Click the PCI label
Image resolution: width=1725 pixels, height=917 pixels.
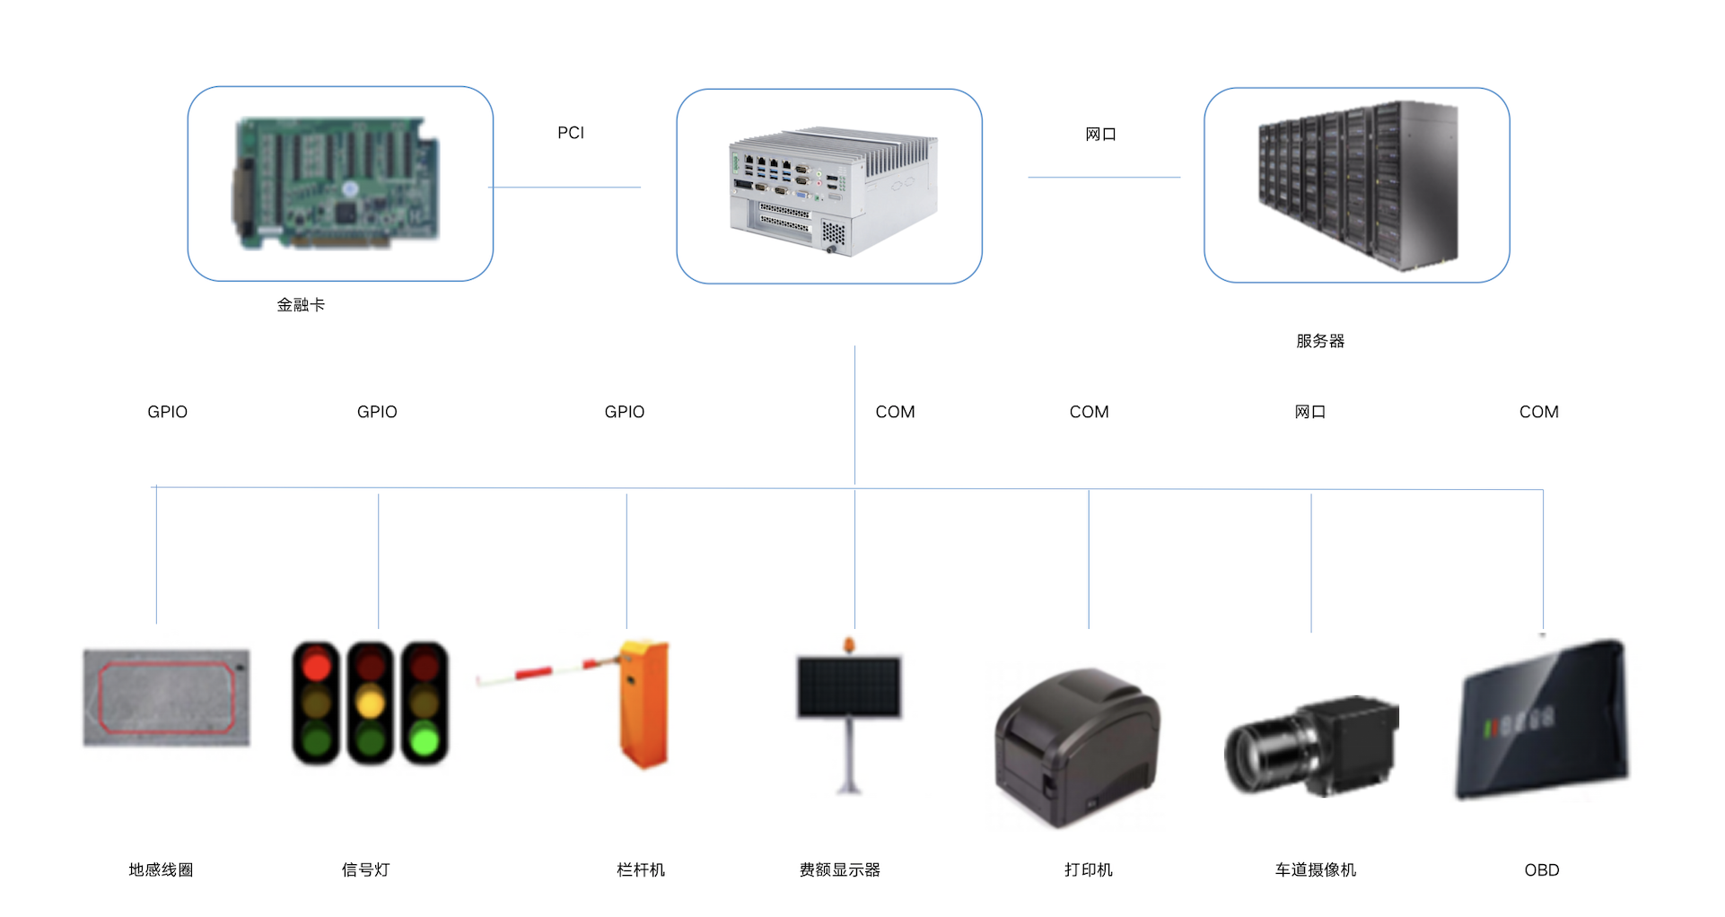pyautogui.click(x=570, y=133)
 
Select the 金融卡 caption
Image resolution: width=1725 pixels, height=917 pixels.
pyautogui.click(x=301, y=305)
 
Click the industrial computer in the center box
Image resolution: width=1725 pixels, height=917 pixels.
pyautogui.click(x=833, y=191)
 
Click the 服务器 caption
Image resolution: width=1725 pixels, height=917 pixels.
pyautogui.click(x=1320, y=341)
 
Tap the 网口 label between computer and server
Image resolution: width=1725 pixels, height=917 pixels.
pyautogui.click(x=1100, y=135)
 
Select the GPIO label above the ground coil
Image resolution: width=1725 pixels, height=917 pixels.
pyautogui.click(x=168, y=412)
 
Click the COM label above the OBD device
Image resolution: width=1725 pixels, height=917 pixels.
pyautogui.click(x=1538, y=412)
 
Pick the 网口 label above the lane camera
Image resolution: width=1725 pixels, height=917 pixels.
pyautogui.click(x=1310, y=412)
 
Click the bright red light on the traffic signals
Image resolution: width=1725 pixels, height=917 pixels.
pyautogui.click(x=317, y=666)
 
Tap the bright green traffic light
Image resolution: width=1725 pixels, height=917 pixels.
pyautogui.click(x=425, y=740)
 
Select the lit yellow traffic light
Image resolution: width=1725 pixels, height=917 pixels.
pyautogui.click(x=371, y=702)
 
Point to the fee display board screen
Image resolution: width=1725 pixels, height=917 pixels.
pyautogui.click(x=849, y=686)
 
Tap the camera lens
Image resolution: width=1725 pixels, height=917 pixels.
pyautogui.click(x=1257, y=757)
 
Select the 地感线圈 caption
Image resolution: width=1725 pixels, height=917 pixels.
pyautogui.click(x=161, y=869)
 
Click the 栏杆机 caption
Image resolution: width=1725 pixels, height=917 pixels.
pyautogui.click(x=641, y=869)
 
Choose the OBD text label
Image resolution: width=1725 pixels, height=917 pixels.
pyautogui.click(x=1541, y=869)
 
